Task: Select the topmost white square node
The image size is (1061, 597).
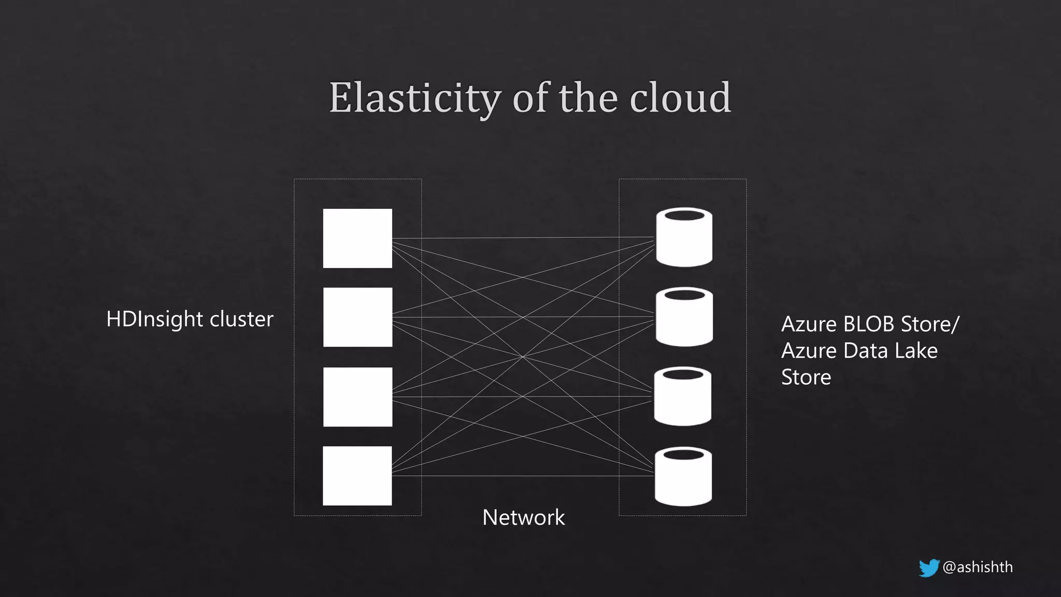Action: pyautogui.click(x=357, y=238)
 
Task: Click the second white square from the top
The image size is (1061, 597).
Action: pyautogui.click(x=357, y=317)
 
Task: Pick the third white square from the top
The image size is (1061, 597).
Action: pyautogui.click(x=357, y=397)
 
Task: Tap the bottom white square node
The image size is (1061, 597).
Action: pyautogui.click(x=357, y=476)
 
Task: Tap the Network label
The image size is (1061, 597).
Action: pyautogui.click(x=523, y=518)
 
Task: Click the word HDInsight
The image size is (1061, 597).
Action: pyautogui.click(x=154, y=319)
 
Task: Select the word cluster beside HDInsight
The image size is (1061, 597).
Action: pyautogui.click(x=241, y=319)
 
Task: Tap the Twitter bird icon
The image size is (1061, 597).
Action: pyautogui.click(x=929, y=567)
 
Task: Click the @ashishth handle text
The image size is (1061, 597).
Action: pyautogui.click(x=978, y=567)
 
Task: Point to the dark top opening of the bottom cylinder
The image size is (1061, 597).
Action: pyautogui.click(x=683, y=455)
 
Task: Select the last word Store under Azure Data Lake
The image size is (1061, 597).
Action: pyautogui.click(x=806, y=377)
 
